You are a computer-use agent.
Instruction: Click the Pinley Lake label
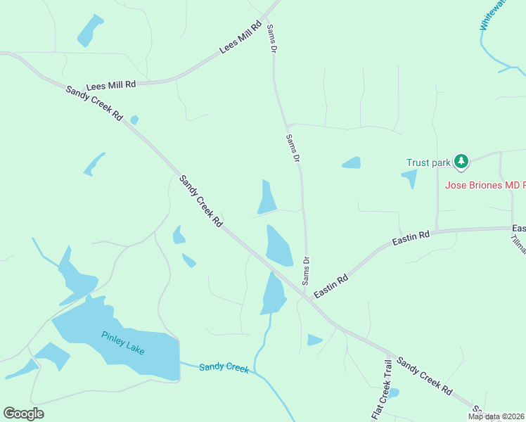point(122,343)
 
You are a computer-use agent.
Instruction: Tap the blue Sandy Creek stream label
point(224,367)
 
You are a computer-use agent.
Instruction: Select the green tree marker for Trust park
point(461,162)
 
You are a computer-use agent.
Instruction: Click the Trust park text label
point(428,162)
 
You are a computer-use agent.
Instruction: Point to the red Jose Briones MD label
point(485,185)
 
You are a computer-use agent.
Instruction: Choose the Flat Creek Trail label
point(380,389)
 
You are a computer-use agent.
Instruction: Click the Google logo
point(23,414)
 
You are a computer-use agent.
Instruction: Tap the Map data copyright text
point(496,416)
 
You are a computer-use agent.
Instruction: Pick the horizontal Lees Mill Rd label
point(110,85)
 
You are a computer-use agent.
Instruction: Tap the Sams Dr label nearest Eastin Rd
point(307,271)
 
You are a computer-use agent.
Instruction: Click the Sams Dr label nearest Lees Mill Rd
point(271,38)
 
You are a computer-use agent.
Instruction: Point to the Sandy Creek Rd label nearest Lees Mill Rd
point(94,103)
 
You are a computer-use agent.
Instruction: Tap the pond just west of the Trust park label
point(351,163)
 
